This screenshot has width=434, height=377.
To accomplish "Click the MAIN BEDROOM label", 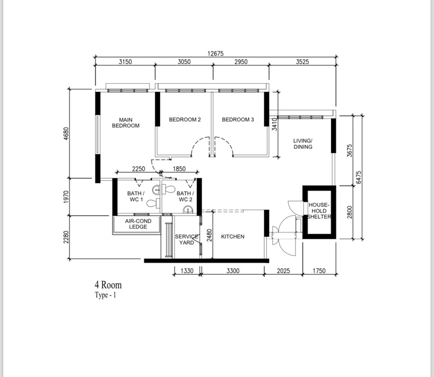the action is (x=126, y=123).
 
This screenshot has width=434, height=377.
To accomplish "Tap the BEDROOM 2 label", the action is (x=185, y=120).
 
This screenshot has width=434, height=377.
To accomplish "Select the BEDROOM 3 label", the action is (x=238, y=120).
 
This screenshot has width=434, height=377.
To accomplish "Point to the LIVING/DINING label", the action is (x=303, y=144).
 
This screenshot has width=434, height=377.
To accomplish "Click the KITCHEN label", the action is (x=233, y=236).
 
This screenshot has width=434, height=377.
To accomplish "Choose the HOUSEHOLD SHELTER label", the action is (x=319, y=211).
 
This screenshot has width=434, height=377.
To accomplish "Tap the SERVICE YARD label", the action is (x=187, y=240).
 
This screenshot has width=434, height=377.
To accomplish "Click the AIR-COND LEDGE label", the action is (x=138, y=224).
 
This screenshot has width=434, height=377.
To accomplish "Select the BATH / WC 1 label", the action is (x=136, y=196).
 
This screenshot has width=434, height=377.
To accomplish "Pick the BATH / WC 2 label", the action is (x=185, y=196).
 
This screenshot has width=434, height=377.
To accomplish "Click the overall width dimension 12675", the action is (x=215, y=53).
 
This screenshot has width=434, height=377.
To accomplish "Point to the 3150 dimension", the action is (x=125, y=61).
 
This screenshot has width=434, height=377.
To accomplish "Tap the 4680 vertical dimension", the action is (x=66, y=134).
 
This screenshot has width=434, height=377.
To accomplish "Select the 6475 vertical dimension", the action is (x=359, y=178).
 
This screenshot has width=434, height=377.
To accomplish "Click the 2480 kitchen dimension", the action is (x=209, y=235).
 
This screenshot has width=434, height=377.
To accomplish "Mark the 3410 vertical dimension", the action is (x=275, y=124).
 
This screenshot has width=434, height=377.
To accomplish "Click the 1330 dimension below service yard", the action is (x=187, y=271).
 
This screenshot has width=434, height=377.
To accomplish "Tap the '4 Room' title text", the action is (x=108, y=285).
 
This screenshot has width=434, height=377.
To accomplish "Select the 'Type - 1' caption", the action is (x=105, y=295).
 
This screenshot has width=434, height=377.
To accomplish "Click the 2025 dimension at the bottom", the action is (x=283, y=271).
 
